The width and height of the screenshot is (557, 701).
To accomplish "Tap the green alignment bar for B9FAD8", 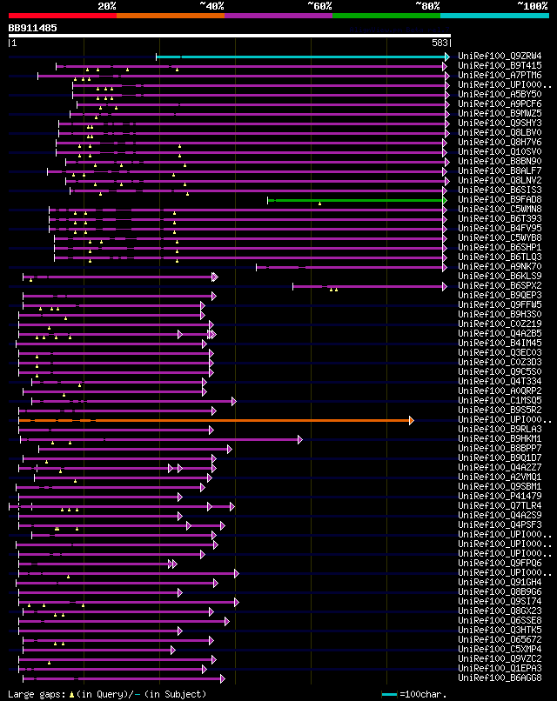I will click(x=357, y=200).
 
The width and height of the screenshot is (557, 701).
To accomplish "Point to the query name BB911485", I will click(x=33, y=28).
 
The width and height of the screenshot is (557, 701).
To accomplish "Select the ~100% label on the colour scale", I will click(x=532, y=5).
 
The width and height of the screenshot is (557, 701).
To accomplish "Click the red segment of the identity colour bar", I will click(x=62, y=15).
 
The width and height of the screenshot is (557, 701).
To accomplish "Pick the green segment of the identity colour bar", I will click(x=386, y=15).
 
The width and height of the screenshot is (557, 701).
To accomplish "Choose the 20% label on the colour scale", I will click(x=107, y=5).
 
